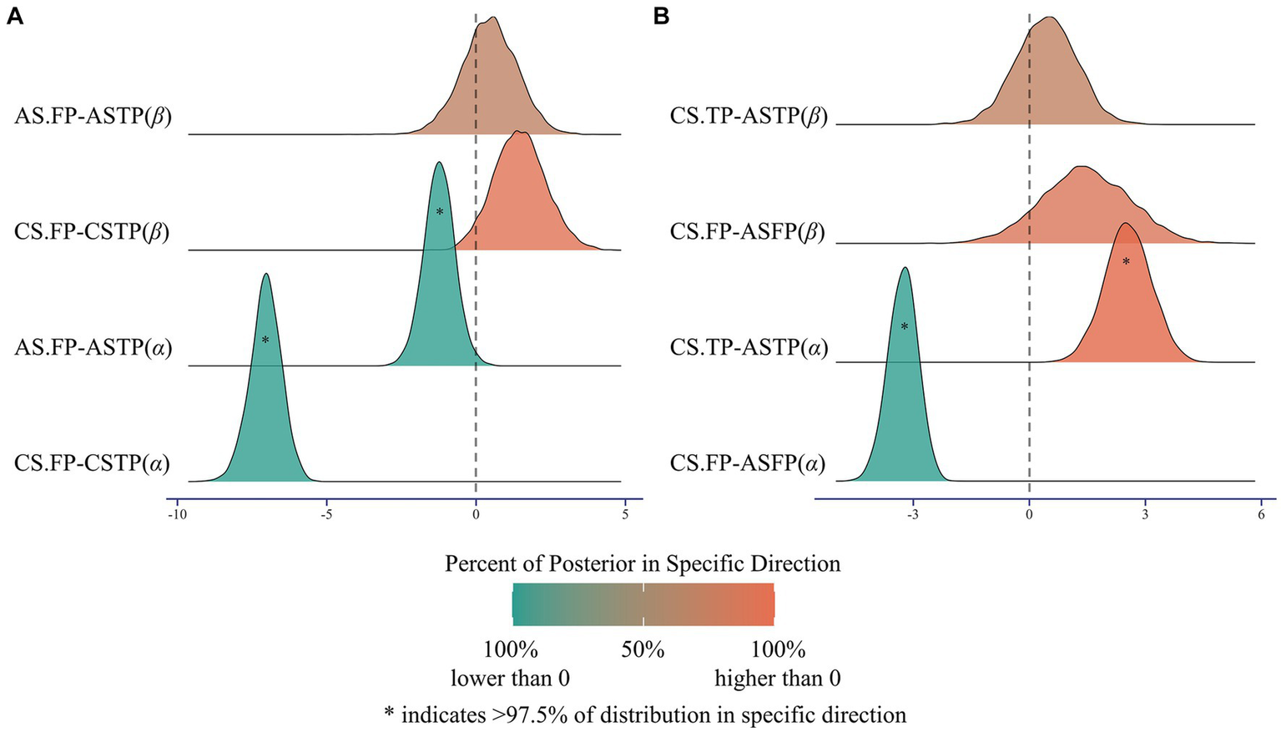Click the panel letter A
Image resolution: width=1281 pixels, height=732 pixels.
tap(14, 17)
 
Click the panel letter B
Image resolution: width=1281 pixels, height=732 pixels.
tap(662, 17)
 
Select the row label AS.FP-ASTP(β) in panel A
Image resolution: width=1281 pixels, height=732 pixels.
tap(93, 116)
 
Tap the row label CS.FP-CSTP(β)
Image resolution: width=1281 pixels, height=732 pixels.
tap(92, 231)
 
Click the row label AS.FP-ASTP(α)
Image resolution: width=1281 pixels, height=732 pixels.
tap(93, 346)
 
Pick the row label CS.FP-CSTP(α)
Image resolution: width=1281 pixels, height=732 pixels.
tap(92, 462)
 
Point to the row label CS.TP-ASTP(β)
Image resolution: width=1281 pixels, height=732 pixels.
tap(749, 116)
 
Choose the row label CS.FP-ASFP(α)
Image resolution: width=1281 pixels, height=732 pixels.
tap(748, 462)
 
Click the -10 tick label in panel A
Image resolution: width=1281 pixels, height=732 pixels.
tap(176, 515)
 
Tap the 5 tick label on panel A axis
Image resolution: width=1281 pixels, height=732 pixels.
tap(625, 515)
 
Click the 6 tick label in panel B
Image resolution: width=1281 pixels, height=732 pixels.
tap(1261, 515)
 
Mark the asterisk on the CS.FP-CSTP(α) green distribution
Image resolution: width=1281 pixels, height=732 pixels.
tap(265, 341)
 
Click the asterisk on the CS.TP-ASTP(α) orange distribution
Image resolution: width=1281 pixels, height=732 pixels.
tap(1126, 262)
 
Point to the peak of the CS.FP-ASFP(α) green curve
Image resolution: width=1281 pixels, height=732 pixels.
tap(905, 269)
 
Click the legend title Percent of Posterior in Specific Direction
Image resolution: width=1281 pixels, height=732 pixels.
tap(643, 564)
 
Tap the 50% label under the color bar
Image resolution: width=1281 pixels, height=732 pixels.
tap(643, 649)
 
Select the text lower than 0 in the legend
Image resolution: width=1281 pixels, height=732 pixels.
tap(510, 679)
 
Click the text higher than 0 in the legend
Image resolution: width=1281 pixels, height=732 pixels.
tap(777, 679)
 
